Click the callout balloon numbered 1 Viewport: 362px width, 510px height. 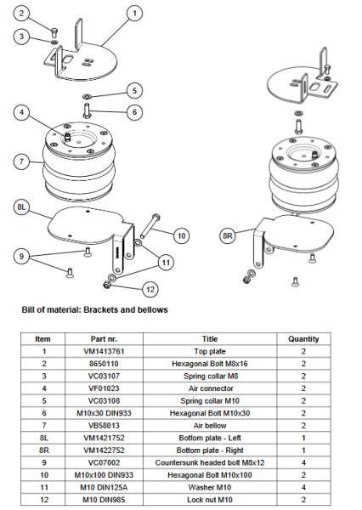pos(134,14)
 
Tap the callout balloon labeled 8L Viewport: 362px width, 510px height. pos(21,207)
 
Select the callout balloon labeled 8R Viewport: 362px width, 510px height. pos(228,235)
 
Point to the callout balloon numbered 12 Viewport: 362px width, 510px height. pos(150,289)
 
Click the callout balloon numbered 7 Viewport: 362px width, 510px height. pos(21,161)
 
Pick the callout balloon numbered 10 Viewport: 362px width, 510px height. pos(182,235)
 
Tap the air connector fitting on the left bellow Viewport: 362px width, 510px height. pos(67,137)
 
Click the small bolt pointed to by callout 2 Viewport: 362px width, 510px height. pos(54,32)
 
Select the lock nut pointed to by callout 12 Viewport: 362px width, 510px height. pos(106,285)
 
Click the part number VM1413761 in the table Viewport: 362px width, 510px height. pos(104,351)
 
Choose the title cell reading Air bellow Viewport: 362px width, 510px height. pos(210,426)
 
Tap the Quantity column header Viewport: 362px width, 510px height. pos(303,339)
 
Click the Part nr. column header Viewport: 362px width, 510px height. pos(104,339)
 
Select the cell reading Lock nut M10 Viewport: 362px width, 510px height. pos(210,500)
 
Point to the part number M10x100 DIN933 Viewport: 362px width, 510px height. pos(104,475)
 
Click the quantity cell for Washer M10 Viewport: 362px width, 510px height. pos(303,487)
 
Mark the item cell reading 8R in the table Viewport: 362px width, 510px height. pos(44,450)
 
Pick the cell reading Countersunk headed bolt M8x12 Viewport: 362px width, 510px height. pos(210,462)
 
